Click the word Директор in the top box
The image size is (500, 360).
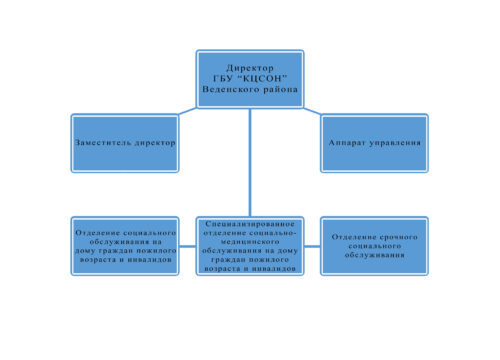(250, 68)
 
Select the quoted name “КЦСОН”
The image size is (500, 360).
(264, 79)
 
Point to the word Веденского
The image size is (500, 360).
(231, 89)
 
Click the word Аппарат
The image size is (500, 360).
(346, 143)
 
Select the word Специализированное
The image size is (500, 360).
(250, 224)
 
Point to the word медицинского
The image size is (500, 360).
(250, 241)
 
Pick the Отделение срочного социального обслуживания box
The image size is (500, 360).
(374, 246)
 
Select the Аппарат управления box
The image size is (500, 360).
(374, 143)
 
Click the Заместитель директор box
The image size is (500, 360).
(125, 143)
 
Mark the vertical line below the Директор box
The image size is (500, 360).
(250, 162)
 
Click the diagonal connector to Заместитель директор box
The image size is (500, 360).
(188, 111)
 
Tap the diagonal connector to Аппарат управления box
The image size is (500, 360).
(312, 111)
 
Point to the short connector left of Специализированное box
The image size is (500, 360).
(188, 246)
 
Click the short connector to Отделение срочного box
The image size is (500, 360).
(312, 246)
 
